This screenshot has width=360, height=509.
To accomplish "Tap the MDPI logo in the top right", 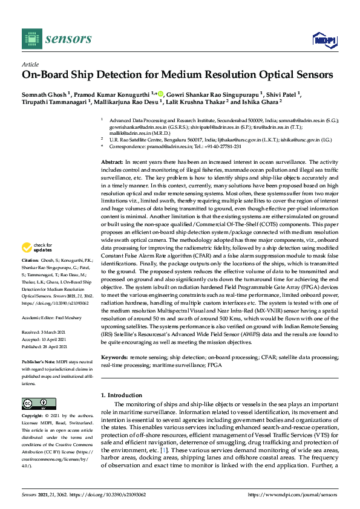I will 324,40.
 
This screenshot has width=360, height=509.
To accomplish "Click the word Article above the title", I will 30,63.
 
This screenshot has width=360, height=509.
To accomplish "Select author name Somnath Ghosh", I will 44,94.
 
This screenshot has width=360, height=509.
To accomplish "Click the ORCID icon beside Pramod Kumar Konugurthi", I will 161,93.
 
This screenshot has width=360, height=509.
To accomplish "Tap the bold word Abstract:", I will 111,163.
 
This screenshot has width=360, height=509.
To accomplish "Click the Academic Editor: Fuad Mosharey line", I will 53,317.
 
